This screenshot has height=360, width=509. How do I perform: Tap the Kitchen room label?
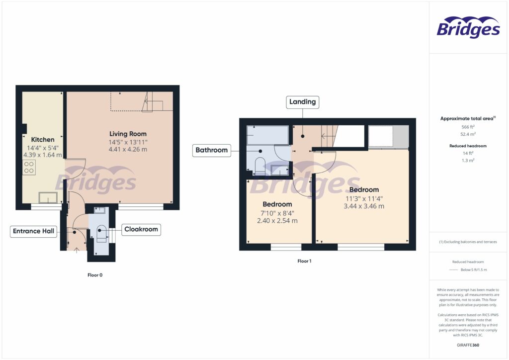[x=43, y=140]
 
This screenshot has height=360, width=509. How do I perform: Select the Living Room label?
[x=128, y=134]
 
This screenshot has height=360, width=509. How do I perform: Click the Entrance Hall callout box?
[x=34, y=231]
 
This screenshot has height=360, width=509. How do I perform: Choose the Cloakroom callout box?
[x=141, y=229]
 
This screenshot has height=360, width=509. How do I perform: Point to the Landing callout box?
[x=303, y=102]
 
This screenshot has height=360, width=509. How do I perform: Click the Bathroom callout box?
[x=212, y=150]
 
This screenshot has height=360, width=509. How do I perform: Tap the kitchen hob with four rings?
[x=29, y=167]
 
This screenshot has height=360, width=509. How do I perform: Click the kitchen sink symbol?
[x=48, y=197]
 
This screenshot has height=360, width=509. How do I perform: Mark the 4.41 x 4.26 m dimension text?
[x=128, y=149]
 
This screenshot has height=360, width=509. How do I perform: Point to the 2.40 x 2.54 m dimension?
[x=277, y=221]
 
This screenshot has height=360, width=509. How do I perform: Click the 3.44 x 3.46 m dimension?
[x=363, y=206]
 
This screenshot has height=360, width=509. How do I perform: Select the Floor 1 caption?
[x=304, y=261]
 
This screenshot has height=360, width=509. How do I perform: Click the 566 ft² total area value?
[x=468, y=127]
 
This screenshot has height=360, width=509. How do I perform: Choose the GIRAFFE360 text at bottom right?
[x=468, y=345]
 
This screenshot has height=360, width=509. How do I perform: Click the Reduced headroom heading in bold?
[x=468, y=146]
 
